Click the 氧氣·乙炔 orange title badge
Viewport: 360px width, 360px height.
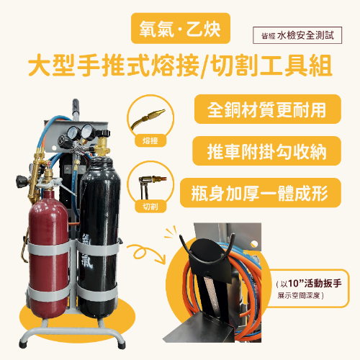pos(181,28)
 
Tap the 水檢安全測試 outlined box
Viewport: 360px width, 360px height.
pos(297,35)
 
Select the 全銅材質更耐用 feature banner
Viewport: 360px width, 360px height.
pos(268,109)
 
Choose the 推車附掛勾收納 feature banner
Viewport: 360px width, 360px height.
pos(266,151)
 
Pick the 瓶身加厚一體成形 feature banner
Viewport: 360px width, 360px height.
pos(261,193)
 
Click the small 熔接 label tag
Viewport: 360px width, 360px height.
pos(150,140)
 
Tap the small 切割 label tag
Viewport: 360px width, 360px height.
pos(150,206)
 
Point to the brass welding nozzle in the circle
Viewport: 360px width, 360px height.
pos(148,118)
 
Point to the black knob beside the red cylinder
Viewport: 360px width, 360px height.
pos(22,181)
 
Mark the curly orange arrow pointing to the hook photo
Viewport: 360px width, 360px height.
pos(146,253)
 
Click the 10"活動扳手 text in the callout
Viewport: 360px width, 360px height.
pos(315,284)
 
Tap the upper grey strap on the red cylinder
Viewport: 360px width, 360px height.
pos(49,248)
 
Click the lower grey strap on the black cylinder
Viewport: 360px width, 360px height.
pos(98,292)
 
